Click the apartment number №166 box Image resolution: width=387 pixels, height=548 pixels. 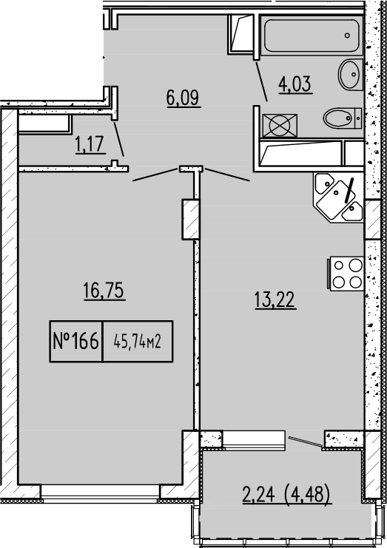point(76,342)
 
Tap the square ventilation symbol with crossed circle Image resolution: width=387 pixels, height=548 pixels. point(279,124)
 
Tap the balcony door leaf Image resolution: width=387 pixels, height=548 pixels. point(305,442)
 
